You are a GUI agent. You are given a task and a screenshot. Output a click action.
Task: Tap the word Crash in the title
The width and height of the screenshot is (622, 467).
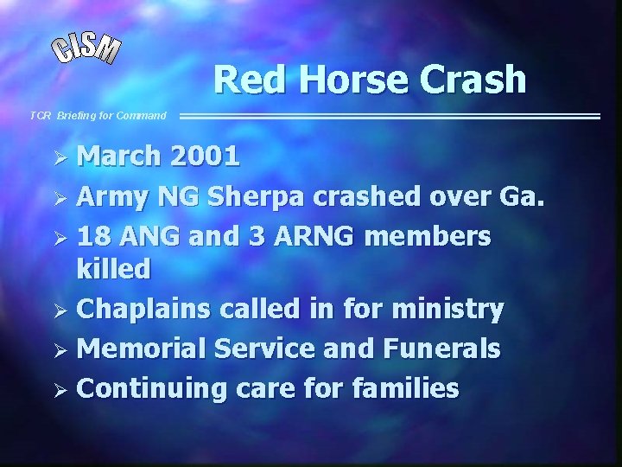[x=473, y=80]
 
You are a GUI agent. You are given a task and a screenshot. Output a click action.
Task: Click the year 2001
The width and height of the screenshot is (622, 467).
[x=205, y=157]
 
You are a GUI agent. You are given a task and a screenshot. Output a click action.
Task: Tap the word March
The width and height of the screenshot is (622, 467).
[x=120, y=157]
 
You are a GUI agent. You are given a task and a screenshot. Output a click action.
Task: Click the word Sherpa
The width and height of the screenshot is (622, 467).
[x=257, y=196]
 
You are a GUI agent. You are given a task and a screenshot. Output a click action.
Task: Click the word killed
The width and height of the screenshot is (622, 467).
[x=113, y=269]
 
